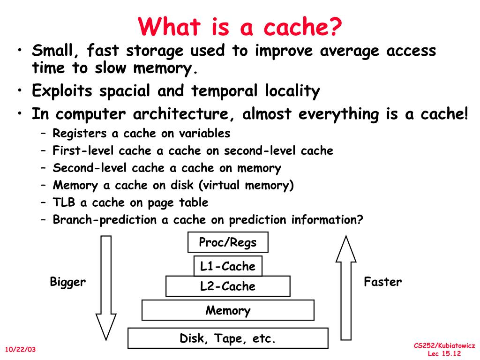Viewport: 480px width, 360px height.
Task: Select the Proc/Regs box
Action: point(228,242)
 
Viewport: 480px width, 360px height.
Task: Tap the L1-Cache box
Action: point(228,266)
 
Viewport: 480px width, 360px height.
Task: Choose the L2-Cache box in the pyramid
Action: point(228,286)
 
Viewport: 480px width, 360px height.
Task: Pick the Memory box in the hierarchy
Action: point(228,310)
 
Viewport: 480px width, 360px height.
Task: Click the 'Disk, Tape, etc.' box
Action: point(228,338)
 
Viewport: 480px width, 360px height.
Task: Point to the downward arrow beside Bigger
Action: point(106,286)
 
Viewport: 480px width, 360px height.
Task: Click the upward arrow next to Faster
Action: point(346,286)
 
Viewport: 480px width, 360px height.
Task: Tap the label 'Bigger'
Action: point(68,282)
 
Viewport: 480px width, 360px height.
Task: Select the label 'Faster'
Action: point(383,282)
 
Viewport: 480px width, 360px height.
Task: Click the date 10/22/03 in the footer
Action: point(20,350)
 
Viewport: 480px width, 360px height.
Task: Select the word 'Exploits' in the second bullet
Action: point(62,91)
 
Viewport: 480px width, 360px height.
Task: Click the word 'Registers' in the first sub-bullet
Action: point(80,134)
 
